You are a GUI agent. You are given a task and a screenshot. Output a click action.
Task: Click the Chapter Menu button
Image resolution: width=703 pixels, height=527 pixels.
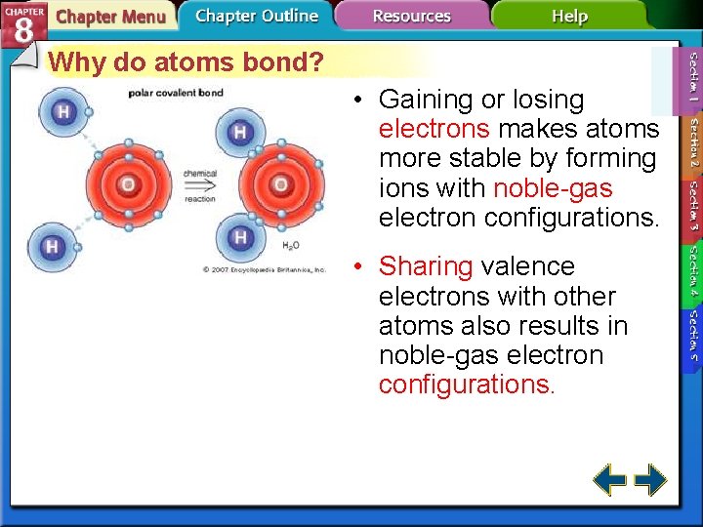tap(109, 17)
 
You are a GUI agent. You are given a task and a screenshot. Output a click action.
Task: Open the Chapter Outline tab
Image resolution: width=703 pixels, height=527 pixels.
tap(256, 16)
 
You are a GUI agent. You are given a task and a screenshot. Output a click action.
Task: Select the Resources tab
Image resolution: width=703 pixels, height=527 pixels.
tap(411, 17)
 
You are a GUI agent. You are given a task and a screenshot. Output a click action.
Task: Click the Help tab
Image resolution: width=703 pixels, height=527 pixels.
tap(568, 17)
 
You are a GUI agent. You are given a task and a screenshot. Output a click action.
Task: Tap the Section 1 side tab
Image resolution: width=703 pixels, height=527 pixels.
tap(692, 79)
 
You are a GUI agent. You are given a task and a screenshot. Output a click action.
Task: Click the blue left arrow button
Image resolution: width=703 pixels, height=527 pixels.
tap(610, 480)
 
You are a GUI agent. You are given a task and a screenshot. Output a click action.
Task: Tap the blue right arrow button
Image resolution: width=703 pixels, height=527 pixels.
tap(650, 480)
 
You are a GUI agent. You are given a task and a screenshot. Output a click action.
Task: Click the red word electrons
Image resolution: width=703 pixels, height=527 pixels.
tap(434, 129)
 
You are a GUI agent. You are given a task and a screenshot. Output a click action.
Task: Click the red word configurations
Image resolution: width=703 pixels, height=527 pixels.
tap(466, 385)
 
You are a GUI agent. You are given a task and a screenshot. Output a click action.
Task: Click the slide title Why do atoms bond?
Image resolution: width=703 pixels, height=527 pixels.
tap(186, 62)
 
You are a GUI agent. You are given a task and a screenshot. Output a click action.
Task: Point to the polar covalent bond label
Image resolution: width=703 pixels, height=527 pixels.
tap(176, 94)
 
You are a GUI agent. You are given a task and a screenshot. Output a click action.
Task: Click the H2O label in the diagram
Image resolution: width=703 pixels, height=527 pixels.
tap(291, 246)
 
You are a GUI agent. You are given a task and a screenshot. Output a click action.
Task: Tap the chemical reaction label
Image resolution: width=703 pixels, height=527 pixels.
tap(200, 185)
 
